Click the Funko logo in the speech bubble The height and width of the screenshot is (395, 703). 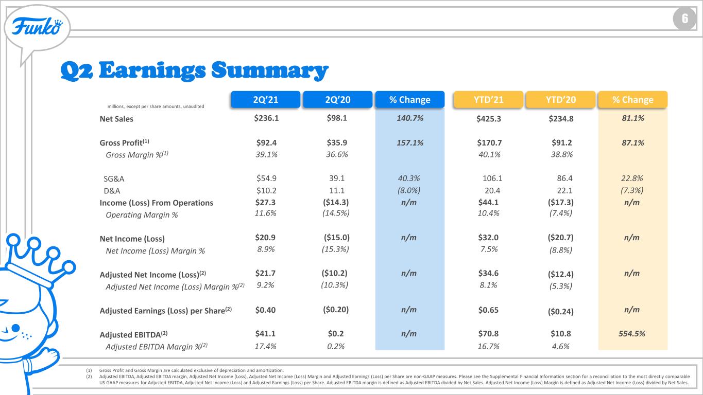(37, 26)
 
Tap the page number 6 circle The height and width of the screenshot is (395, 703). (684, 19)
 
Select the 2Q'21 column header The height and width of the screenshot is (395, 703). (266, 100)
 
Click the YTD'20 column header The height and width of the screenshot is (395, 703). (560, 100)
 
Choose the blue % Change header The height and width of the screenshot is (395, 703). (410, 100)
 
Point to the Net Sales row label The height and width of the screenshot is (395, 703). (116, 119)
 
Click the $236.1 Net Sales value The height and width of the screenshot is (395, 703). (266, 118)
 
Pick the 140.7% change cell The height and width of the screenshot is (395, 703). (410, 118)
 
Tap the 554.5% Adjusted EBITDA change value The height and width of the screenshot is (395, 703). (632, 334)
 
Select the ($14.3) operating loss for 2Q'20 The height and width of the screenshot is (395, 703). (336, 203)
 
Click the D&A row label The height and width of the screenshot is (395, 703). (112, 191)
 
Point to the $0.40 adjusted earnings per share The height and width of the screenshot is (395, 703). (265, 310)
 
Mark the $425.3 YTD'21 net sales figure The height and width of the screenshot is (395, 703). (489, 119)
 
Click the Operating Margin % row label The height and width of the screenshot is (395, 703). (142, 215)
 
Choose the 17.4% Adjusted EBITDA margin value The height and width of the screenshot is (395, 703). (265, 347)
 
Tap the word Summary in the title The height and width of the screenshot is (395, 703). (270, 70)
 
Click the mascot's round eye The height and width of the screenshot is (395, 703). (15, 328)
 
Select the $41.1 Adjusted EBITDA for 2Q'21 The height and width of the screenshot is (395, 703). (265, 334)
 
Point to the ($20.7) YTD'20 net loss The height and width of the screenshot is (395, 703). (560, 238)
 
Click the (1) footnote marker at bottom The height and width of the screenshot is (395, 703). (89, 370)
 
